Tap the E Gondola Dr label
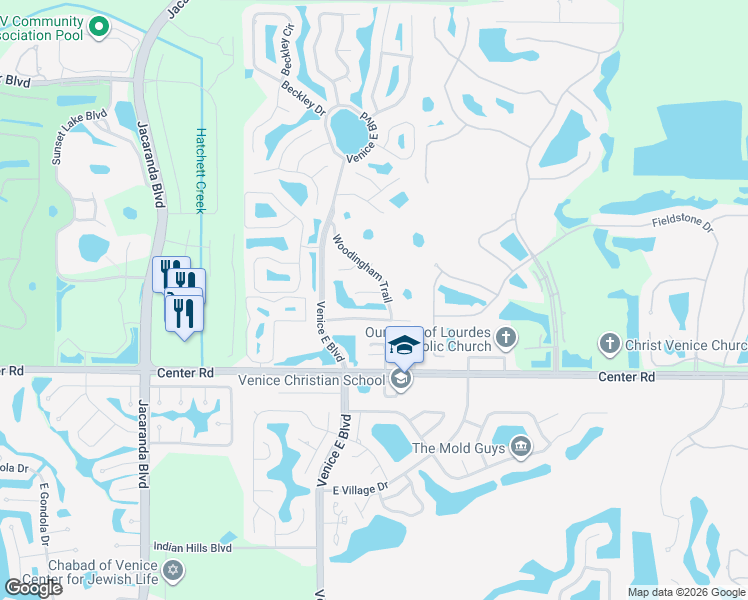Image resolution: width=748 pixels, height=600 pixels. [45, 510]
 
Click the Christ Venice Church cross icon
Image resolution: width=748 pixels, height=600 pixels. [609, 344]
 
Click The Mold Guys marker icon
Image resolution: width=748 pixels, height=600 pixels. [520, 446]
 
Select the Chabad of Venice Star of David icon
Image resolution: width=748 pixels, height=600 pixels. [174, 570]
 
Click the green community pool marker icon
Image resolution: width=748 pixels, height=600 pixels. [98, 27]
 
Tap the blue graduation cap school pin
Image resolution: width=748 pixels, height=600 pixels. [404, 345]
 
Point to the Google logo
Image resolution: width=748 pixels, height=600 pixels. [33, 588]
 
